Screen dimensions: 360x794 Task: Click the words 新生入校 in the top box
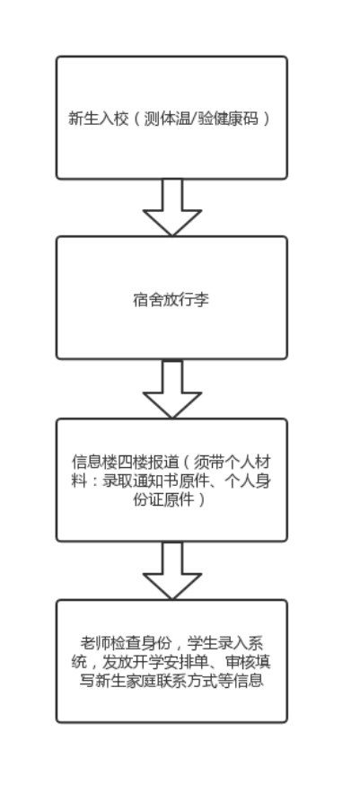99,119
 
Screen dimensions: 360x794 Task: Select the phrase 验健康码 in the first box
228,119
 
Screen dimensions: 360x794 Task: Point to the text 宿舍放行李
171,299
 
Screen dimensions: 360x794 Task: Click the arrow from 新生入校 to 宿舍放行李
172,207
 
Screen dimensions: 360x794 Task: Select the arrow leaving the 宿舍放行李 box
172,389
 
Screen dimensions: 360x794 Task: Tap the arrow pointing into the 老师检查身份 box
172,570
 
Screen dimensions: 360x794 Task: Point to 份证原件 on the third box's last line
163,499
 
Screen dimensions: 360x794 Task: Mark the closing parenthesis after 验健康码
267,119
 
